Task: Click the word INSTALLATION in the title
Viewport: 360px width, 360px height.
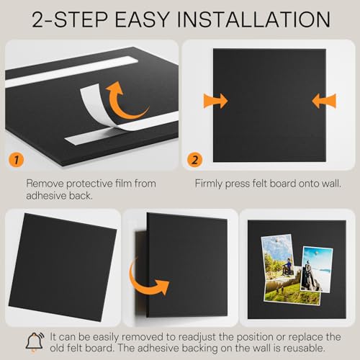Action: (253, 19)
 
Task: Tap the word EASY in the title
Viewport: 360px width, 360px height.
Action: (143, 19)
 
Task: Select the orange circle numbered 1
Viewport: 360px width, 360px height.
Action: (16, 160)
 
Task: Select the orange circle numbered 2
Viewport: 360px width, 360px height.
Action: (194, 160)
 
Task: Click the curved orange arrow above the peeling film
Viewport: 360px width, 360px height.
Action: (125, 102)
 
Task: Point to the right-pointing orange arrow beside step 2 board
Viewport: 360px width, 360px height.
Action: (215, 101)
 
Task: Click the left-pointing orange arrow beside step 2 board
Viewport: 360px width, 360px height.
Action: (324, 101)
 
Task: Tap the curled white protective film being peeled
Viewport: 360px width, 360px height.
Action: (96, 107)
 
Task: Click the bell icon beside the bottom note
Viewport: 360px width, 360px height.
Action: (35, 342)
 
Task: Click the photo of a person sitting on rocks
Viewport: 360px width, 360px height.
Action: (316, 269)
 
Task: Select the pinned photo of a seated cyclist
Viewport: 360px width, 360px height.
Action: (279, 257)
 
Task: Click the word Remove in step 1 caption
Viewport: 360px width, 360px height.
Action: (45, 184)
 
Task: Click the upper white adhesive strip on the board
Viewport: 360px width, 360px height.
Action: (71, 71)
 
